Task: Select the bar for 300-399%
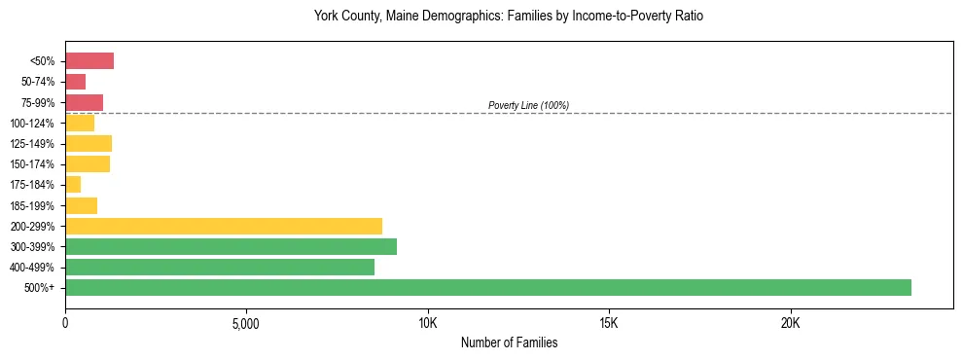click(x=231, y=246)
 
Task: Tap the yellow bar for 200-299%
click(x=224, y=226)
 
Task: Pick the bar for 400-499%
click(x=220, y=267)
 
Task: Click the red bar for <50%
click(x=89, y=61)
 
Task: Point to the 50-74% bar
click(x=76, y=82)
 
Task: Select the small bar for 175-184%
click(x=73, y=184)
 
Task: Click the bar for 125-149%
click(x=89, y=143)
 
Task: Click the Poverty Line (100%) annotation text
click(x=528, y=105)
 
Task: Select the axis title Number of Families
click(x=509, y=342)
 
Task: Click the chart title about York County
click(x=508, y=17)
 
